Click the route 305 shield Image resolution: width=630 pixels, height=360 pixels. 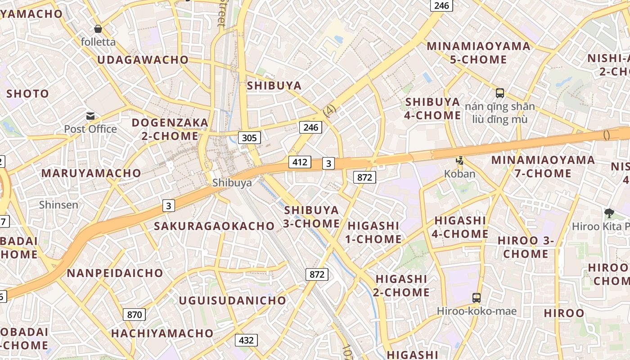[x=249, y=138]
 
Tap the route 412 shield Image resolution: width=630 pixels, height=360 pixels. [x=300, y=162]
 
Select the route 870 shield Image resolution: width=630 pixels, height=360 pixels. [x=135, y=315]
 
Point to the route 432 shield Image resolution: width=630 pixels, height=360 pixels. [x=246, y=340]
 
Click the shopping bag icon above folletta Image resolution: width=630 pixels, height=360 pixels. [x=98, y=29]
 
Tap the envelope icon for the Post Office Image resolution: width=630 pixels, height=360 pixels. [x=90, y=117]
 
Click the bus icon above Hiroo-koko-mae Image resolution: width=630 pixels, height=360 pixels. [x=476, y=297]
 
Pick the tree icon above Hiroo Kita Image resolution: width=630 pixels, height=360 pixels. [x=609, y=213]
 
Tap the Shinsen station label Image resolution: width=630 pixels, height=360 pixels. [x=58, y=205]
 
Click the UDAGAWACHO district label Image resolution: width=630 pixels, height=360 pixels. [x=143, y=60]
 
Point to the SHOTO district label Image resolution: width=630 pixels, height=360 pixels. [x=28, y=94]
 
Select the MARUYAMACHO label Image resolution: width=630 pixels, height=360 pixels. [x=91, y=173]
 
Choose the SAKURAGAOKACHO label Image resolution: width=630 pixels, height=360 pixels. [x=214, y=226]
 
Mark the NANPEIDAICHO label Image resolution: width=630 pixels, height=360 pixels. [x=115, y=273]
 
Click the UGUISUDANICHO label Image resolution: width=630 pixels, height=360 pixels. [x=232, y=300]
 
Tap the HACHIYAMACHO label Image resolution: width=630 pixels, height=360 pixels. [x=162, y=333]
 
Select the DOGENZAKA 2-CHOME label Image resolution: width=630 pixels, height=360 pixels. [x=170, y=129]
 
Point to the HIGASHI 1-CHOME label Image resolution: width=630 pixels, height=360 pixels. [x=373, y=232]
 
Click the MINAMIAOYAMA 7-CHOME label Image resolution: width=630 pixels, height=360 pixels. [x=543, y=166]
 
